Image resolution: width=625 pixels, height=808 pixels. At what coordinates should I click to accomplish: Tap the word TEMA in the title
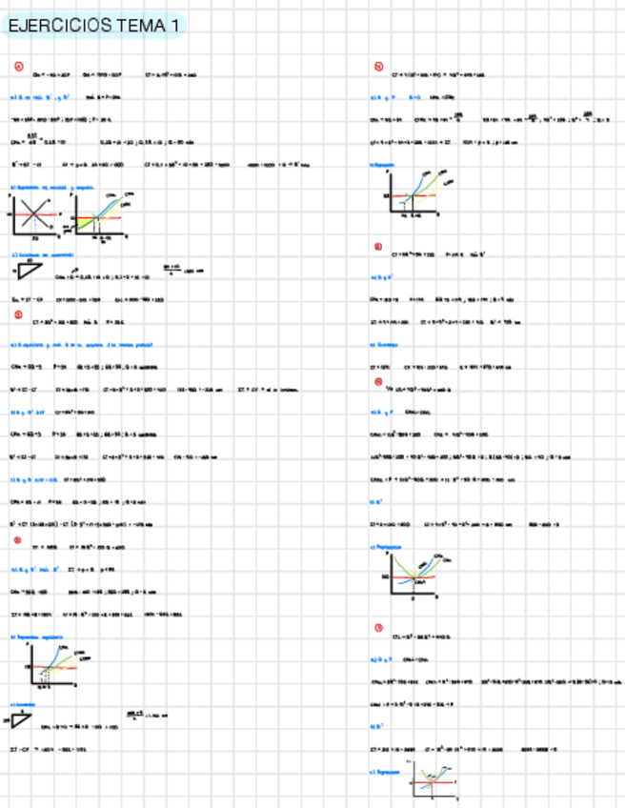(141, 27)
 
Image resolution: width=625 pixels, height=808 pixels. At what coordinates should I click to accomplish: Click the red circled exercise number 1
(18, 66)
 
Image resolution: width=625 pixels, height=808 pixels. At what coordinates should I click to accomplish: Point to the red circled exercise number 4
(378, 67)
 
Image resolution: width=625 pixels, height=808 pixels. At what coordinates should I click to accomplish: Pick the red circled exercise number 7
(378, 626)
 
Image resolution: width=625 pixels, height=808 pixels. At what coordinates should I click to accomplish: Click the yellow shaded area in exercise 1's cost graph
(86, 222)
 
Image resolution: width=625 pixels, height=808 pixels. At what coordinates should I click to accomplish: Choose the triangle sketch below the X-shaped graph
(29, 271)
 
